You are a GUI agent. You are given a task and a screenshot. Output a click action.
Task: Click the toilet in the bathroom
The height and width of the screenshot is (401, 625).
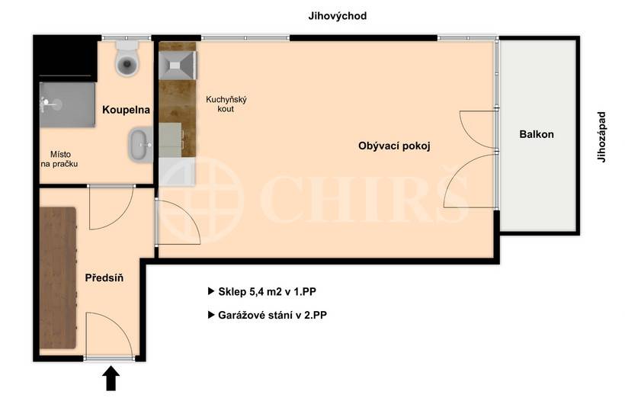(127, 59)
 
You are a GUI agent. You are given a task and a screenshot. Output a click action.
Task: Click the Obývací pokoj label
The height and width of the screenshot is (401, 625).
(394, 146)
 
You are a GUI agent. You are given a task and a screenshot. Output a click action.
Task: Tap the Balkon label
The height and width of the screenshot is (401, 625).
(537, 134)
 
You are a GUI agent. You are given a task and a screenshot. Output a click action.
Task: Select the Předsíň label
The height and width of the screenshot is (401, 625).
(104, 278)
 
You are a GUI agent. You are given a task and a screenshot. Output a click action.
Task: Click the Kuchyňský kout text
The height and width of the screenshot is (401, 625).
(226, 104)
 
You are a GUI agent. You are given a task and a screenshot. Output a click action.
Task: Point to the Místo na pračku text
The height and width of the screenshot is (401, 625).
(60, 159)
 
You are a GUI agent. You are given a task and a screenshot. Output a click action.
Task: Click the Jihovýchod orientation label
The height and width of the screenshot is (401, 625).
(337, 16)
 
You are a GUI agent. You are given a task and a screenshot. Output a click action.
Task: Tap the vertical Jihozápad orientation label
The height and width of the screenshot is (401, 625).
(601, 137)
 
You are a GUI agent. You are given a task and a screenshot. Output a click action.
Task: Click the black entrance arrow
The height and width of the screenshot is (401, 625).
(111, 378)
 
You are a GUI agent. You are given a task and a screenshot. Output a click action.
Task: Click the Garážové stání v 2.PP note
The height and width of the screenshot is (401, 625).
(273, 314)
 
